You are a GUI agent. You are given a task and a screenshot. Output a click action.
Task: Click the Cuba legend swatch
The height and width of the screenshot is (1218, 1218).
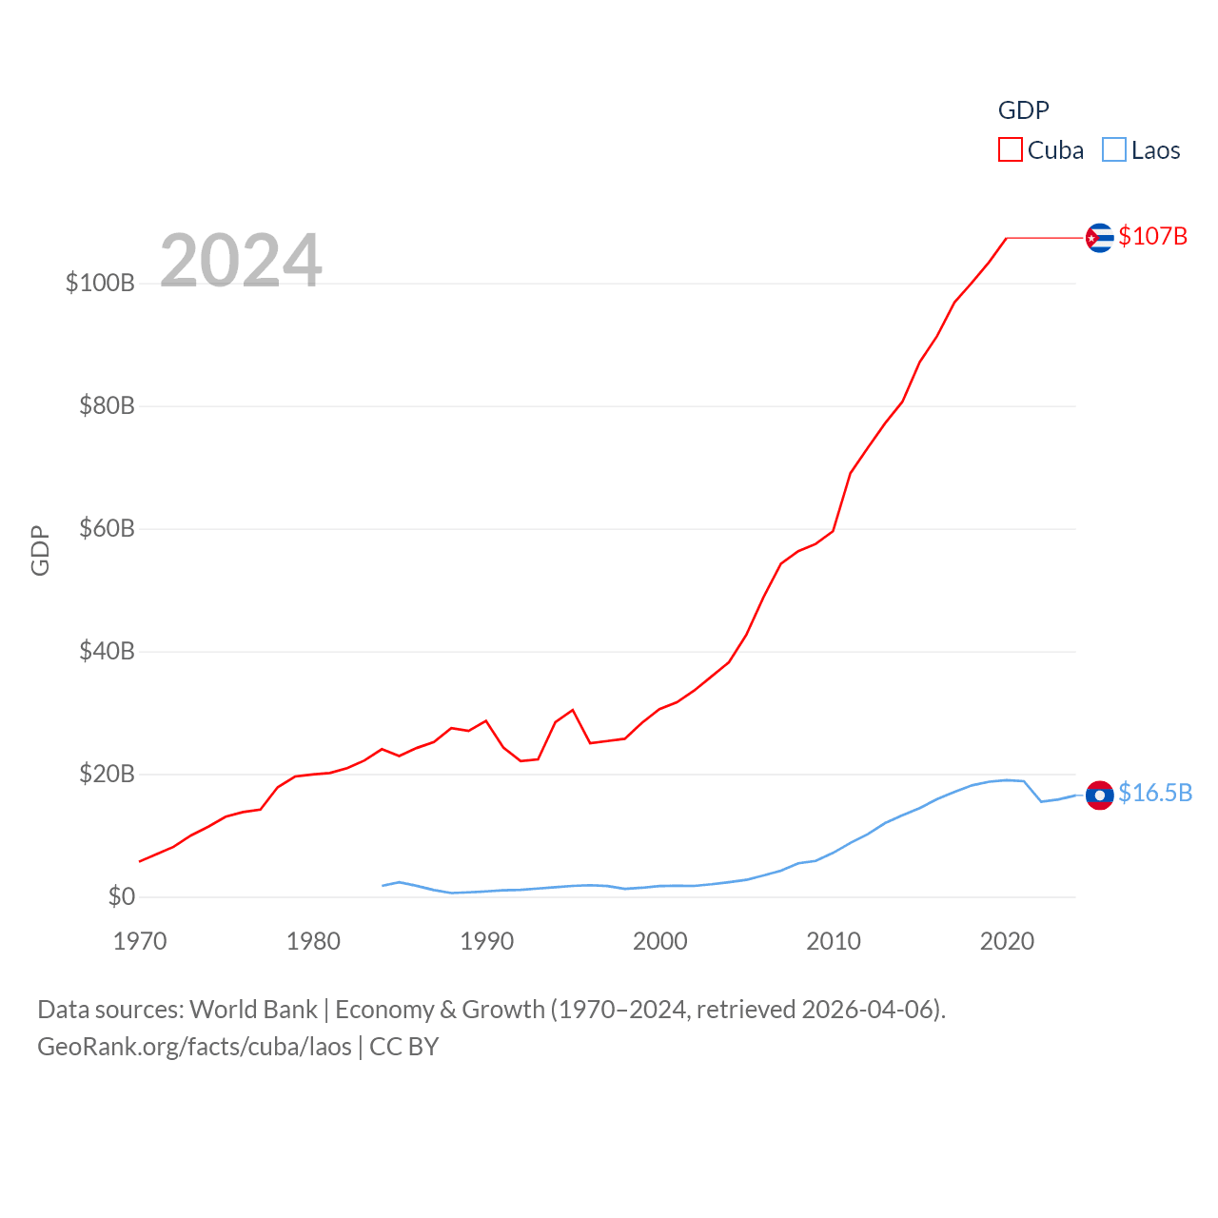pyautogui.click(x=1011, y=150)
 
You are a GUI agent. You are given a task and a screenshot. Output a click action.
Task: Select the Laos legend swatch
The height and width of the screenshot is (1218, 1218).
pyautogui.click(x=1114, y=150)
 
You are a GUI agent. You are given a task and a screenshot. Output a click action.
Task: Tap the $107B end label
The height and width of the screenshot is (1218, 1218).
pyautogui.click(x=1152, y=236)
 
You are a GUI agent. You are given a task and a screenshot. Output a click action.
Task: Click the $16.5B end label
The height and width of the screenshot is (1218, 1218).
pyautogui.click(x=1155, y=793)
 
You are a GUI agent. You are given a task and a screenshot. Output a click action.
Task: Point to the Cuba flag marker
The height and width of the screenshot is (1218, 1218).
pyautogui.click(x=1100, y=237)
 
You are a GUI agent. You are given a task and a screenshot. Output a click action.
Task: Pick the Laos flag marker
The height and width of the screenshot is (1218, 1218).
pyautogui.click(x=1100, y=795)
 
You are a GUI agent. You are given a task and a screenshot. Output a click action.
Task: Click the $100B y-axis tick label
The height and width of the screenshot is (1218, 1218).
pyautogui.click(x=100, y=283)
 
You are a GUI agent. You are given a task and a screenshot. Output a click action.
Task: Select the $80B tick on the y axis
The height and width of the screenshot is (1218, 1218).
pyautogui.click(x=107, y=405)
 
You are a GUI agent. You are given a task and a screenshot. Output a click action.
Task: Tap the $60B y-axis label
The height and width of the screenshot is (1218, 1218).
pyautogui.click(x=107, y=528)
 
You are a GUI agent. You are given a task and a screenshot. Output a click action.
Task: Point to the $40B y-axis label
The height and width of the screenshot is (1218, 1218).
pyautogui.click(x=107, y=651)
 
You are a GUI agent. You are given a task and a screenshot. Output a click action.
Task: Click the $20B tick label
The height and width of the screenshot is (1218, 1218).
pyautogui.click(x=107, y=774)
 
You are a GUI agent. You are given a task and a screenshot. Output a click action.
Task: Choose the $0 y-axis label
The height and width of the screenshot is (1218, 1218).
pyautogui.click(x=121, y=896)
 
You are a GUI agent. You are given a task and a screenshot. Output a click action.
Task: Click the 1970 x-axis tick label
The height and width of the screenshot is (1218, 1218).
pyautogui.click(x=140, y=941)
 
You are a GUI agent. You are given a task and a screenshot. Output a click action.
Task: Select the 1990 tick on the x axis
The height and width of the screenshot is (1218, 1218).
pyautogui.click(x=486, y=941)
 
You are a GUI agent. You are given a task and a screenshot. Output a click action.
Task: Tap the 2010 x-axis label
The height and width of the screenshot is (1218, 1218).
pyautogui.click(x=834, y=941)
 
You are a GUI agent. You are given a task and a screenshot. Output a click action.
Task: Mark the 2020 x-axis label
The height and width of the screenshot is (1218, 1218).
pyautogui.click(x=1007, y=941)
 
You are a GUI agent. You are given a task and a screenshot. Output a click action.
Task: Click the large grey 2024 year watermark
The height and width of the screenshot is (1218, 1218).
pyautogui.click(x=241, y=260)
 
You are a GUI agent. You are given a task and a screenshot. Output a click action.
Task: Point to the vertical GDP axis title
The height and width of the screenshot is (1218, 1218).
pyautogui.click(x=40, y=550)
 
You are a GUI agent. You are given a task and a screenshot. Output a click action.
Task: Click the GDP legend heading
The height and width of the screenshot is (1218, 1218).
pyautogui.click(x=1023, y=110)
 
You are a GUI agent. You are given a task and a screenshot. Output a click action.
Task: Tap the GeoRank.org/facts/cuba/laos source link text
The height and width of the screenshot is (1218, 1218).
pyautogui.click(x=195, y=1047)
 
